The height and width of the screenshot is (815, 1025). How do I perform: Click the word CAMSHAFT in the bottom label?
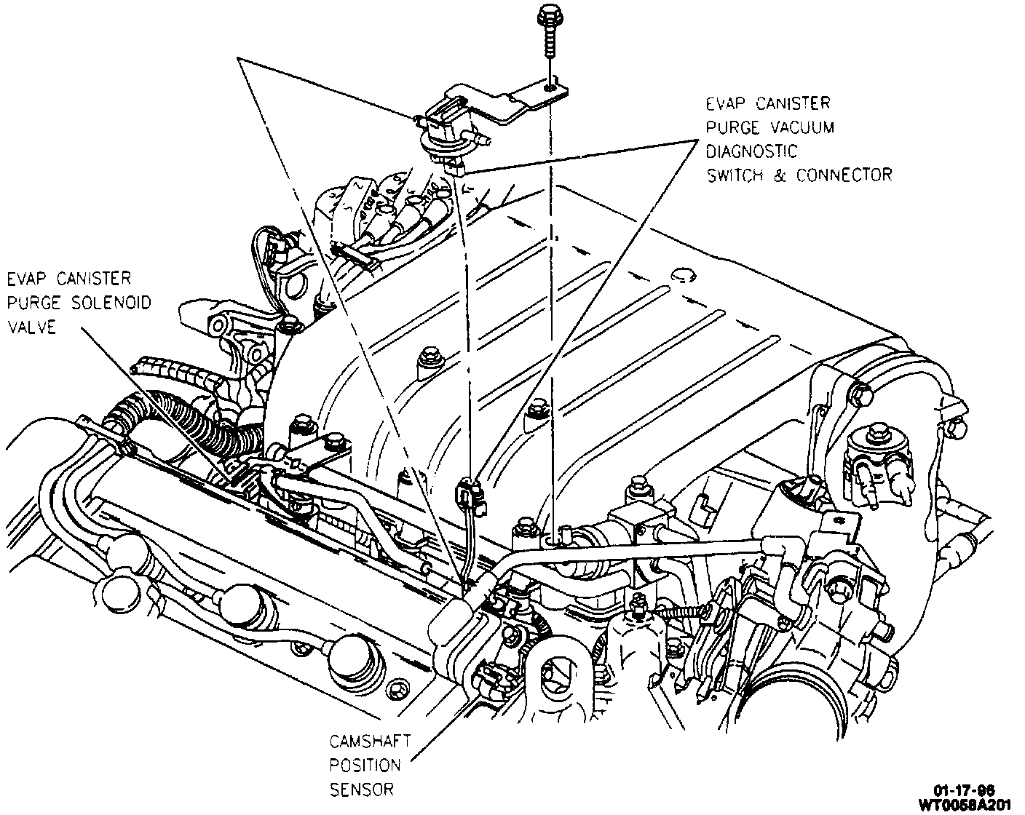(370, 742)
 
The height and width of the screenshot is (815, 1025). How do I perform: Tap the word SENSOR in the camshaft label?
(362, 790)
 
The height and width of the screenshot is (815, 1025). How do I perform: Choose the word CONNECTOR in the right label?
(844, 175)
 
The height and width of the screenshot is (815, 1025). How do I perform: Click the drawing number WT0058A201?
(969, 804)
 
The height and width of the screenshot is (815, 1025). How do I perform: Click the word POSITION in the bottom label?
(365, 766)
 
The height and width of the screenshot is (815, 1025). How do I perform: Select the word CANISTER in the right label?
(794, 104)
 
